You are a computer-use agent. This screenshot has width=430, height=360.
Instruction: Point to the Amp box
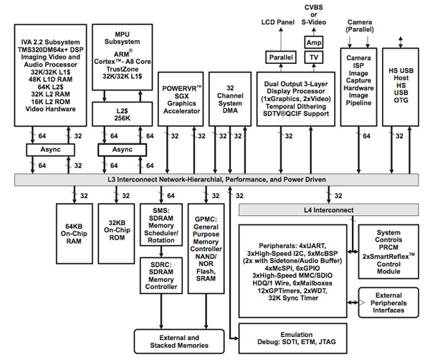[x=314, y=43]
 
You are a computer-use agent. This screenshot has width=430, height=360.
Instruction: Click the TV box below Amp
[x=314, y=57]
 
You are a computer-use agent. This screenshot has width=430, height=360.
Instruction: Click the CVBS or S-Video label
[x=314, y=16]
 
